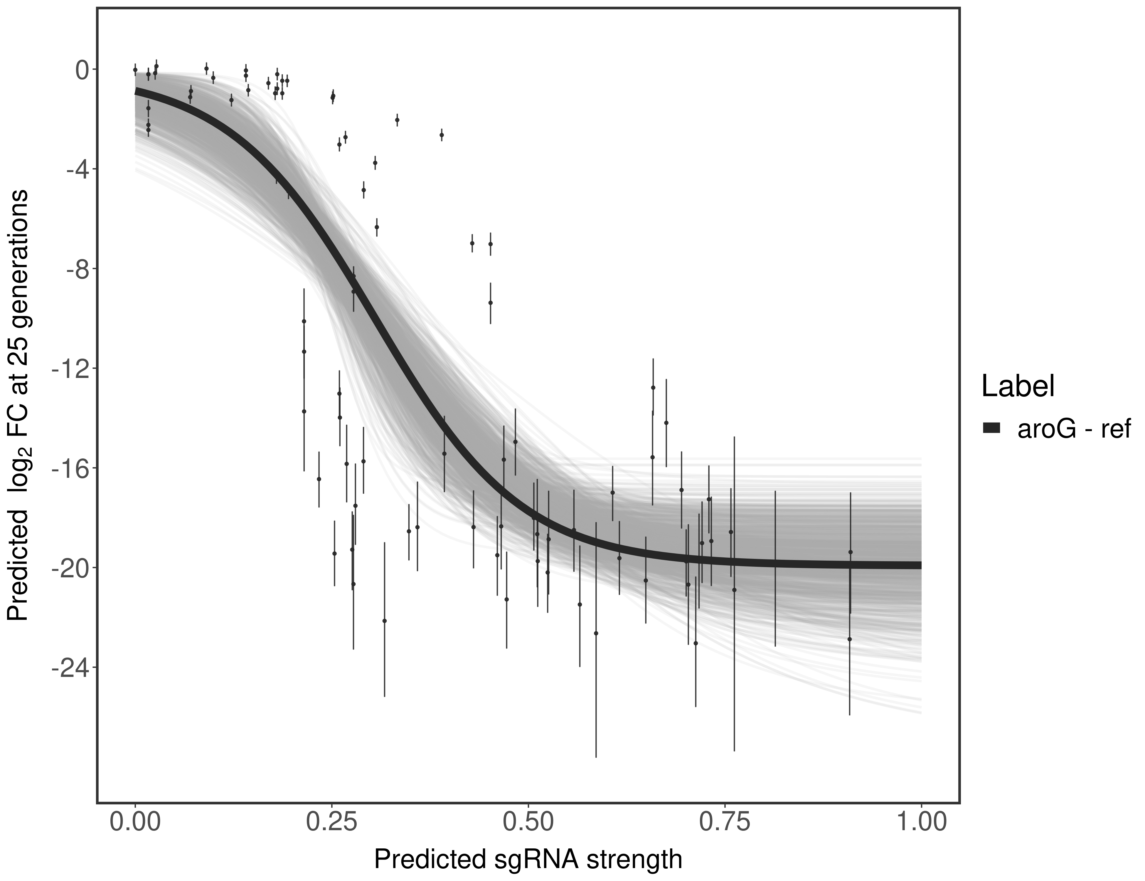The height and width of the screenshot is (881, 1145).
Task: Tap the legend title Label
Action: [1018, 386]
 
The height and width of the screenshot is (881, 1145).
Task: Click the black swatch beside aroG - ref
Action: [991, 428]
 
